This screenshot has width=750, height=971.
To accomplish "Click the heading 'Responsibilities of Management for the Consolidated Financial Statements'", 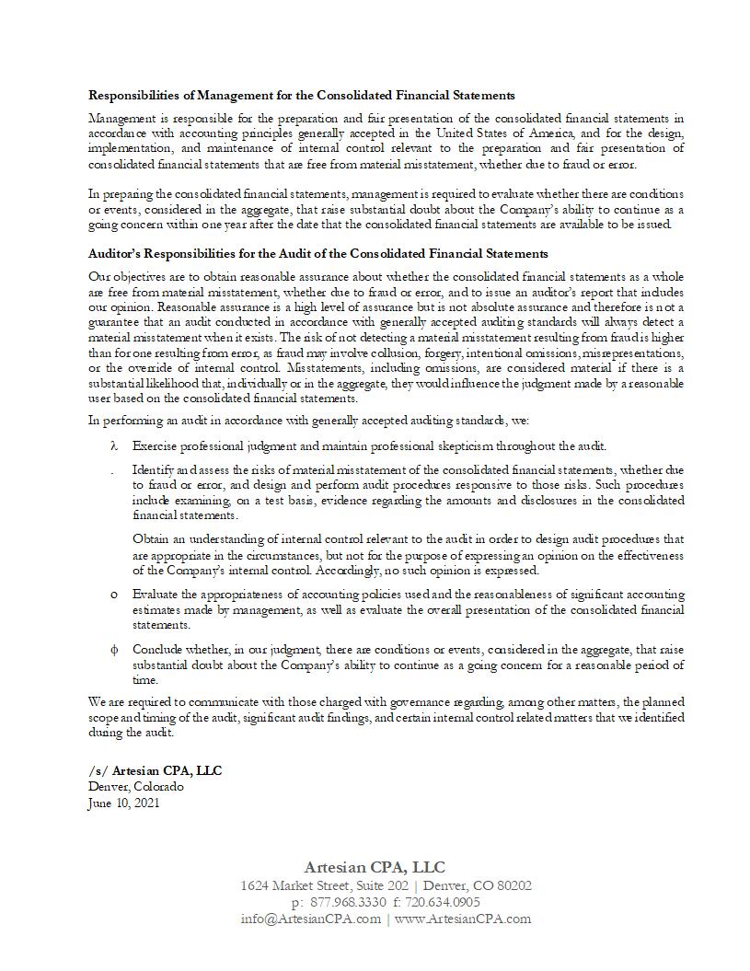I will click(x=301, y=95).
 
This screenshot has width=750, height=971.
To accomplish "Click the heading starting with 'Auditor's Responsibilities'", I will click(x=317, y=253).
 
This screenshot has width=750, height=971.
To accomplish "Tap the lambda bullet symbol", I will click(x=114, y=446).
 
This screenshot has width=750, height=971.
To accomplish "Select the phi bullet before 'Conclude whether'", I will click(x=114, y=650).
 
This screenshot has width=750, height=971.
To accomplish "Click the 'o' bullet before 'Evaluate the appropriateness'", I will click(x=114, y=595).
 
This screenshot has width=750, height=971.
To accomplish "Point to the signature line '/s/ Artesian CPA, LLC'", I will click(x=155, y=770).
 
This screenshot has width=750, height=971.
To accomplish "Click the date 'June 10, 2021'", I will click(x=124, y=803).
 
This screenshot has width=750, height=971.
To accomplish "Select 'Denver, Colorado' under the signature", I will click(x=135, y=787).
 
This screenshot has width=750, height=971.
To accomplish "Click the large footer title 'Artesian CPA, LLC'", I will click(x=375, y=867).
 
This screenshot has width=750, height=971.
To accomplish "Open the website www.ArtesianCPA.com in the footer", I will click(x=463, y=919).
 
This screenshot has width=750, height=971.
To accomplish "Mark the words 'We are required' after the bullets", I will click(x=129, y=703).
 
